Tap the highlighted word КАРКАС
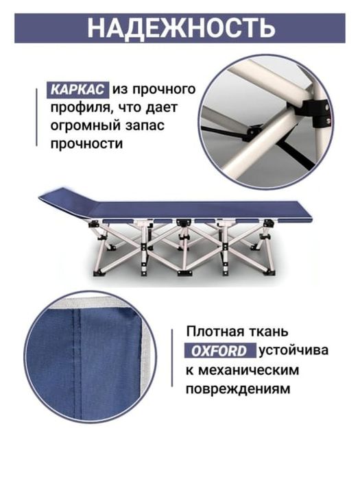(x=77, y=90)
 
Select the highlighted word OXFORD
(x=219, y=352)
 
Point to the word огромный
(x=88, y=126)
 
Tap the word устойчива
(x=293, y=352)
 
